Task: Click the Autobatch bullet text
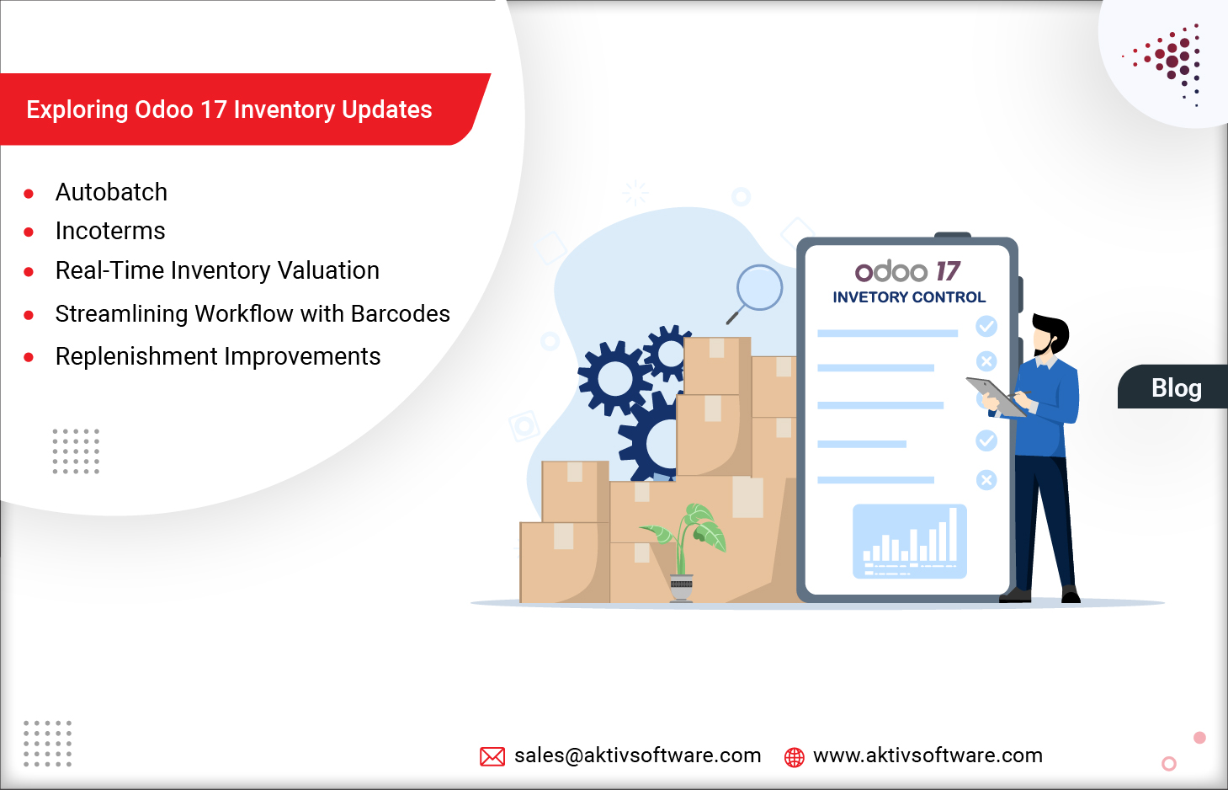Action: click(x=111, y=193)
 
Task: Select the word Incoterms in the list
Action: click(x=110, y=232)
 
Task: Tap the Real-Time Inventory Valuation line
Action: click(x=217, y=271)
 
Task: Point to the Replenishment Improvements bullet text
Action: click(x=218, y=357)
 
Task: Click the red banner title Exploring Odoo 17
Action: click(x=229, y=110)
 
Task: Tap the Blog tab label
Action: click(x=1176, y=388)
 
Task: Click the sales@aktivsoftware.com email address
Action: click(x=637, y=755)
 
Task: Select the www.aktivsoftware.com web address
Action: click(x=928, y=755)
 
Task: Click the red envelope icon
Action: click(x=492, y=756)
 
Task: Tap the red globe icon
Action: click(x=794, y=757)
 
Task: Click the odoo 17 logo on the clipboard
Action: click(x=907, y=271)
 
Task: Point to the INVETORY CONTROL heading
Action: click(x=909, y=297)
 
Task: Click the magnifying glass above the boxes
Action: click(x=757, y=291)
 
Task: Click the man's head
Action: click(x=1049, y=334)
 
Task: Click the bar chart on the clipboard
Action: click(x=910, y=542)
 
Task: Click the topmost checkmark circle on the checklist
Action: click(x=986, y=326)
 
